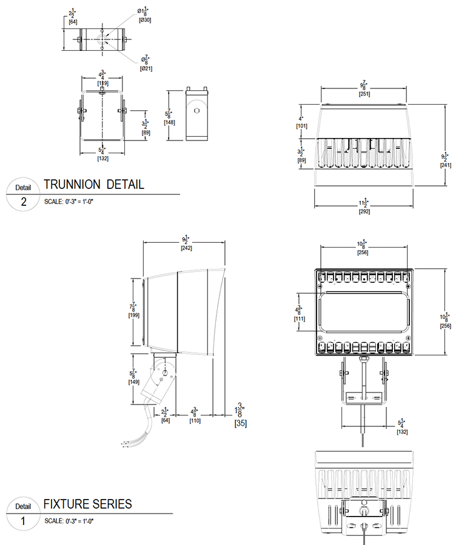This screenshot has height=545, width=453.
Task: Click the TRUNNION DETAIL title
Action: (94, 185)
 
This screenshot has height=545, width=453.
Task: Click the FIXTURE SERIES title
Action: (87, 504)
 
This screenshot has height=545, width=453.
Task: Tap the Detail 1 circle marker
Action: (22, 514)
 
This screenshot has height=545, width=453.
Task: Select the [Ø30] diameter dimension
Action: (146, 20)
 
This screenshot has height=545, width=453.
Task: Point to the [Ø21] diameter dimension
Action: (146, 68)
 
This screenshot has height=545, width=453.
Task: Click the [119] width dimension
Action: (102, 82)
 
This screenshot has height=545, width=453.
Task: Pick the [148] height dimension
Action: (169, 122)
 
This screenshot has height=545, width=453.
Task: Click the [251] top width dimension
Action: (364, 93)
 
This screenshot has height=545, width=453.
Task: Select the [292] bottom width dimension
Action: (364, 211)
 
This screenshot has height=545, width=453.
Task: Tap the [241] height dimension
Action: (445, 165)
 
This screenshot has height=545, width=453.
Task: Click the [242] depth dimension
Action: (186, 248)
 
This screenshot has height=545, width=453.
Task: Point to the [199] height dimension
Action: (134, 315)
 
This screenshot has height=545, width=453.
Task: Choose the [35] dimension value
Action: (241, 423)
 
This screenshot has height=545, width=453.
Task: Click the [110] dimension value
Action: (195, 420)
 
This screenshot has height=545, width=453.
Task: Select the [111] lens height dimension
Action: (300, 319)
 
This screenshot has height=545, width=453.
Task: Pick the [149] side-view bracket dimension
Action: (134, 383)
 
